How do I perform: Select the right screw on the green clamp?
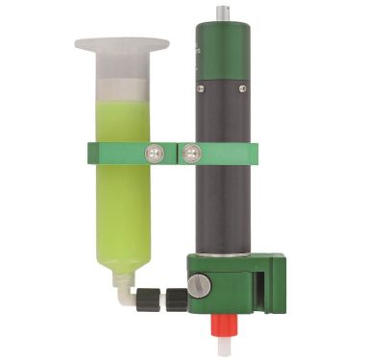click(x=191, y=151)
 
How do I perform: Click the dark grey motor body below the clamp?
click(x=225, y=206)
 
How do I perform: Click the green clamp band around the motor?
click(x=235, y=152)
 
